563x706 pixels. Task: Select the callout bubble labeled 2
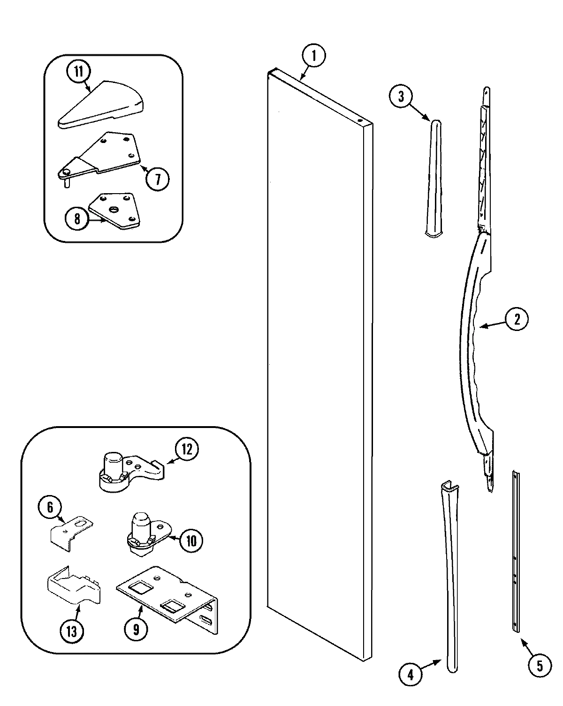pos(517,319)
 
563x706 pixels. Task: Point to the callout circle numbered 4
pos(410,675)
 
